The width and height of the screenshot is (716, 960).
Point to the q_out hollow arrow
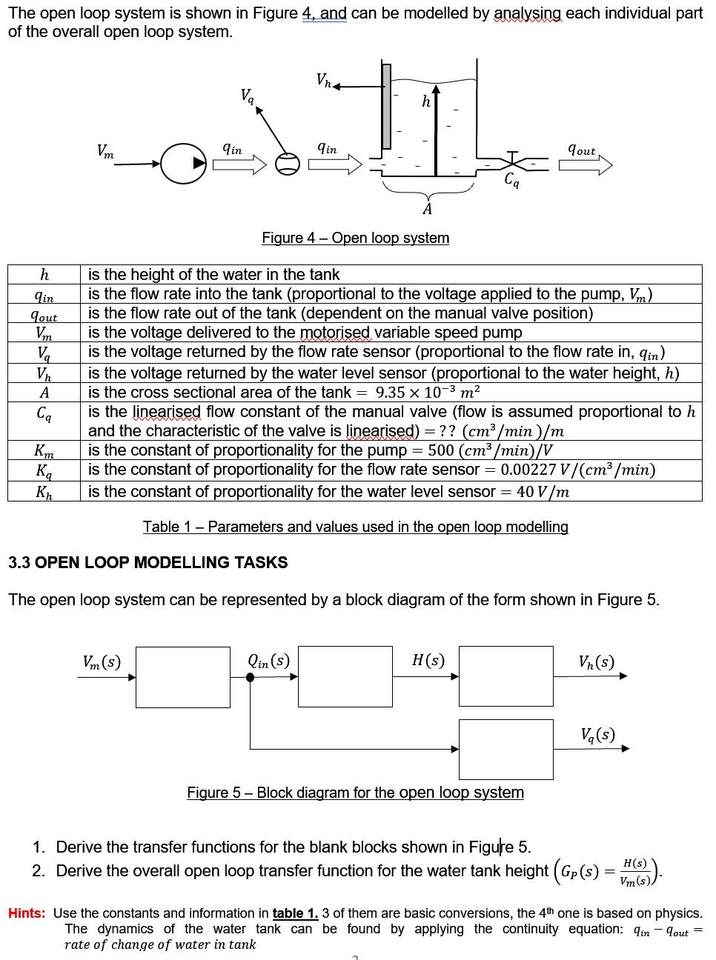coord(586,164)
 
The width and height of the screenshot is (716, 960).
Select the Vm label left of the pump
coord(106,151)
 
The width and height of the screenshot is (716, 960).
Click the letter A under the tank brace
coord(427,210)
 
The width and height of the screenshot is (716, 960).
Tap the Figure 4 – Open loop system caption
coord(355,238)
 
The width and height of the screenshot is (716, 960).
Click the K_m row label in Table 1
coord(44,450)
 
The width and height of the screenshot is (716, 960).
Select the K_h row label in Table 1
coord(44,491)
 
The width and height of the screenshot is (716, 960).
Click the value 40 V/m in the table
coord(543,491)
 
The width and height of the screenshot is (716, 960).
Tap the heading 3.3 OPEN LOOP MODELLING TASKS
coord(147,562)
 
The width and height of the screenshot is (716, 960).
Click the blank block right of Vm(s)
coord(182,676)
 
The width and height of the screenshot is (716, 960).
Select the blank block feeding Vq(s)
coord(505,749)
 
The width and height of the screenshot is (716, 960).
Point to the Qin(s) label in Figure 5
coord(268,660)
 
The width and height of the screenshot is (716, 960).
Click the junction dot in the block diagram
coord(251,677)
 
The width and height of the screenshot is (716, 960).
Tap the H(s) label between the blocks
coord(428,660)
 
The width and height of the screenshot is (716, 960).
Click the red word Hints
coord(27,913)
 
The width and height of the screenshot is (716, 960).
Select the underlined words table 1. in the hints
coord(295,913)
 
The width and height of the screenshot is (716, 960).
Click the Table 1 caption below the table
coord(355,527)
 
